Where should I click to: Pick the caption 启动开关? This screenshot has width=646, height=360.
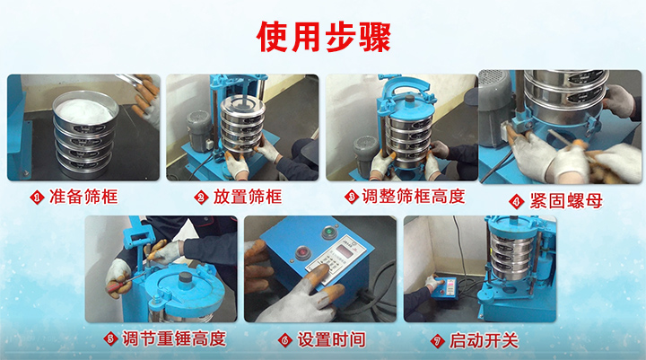pyautogui.click(x=484, y=339)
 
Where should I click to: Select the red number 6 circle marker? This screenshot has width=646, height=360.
pyautogui.click(x=284, y=340)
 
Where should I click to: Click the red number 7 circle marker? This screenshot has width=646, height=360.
pyautogui.click(x=439, y=340)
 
